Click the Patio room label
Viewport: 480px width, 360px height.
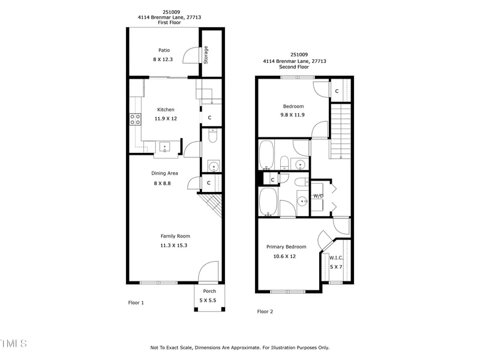tap(164, 50)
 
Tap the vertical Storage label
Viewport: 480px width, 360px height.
tap(206, 55)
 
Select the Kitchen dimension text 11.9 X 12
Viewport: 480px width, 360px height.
tap(166, 119)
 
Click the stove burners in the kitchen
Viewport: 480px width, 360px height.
tap(135, 119)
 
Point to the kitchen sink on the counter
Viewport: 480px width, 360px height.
tap(164, 146)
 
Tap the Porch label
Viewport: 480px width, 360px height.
tap(209, 291)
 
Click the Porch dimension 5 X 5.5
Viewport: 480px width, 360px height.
tap(208, 300)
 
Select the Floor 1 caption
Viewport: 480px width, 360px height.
tap(136, 302)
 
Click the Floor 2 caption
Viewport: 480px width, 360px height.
tap(265, 311)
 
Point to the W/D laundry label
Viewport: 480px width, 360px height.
tap(318, 196)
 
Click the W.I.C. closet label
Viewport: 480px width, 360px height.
tap(336, 258)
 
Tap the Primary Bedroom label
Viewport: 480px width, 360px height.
tap(286, 247)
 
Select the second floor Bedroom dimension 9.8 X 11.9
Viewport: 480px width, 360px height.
tap(293, 115)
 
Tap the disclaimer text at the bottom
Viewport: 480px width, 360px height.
tap(240, 347)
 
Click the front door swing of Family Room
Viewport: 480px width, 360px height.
tap(209, 271)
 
